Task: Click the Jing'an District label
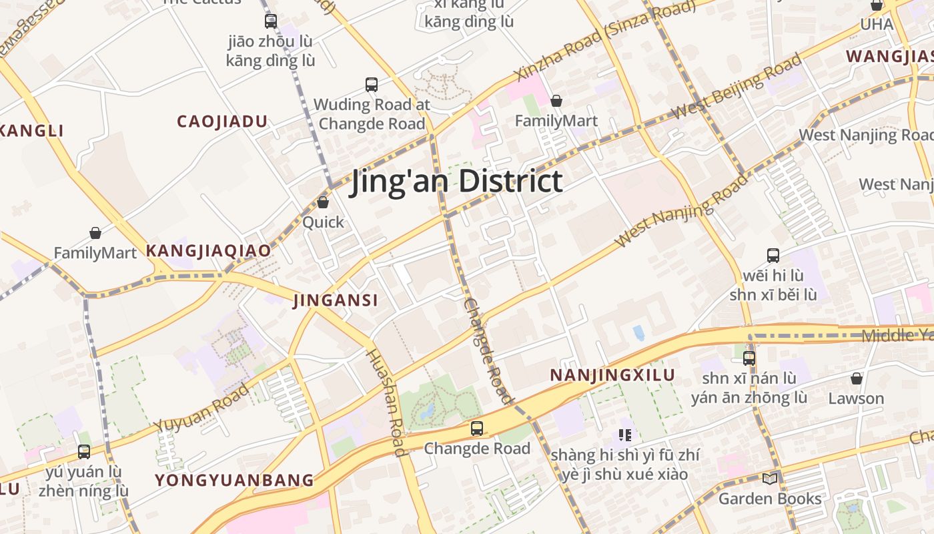click(x=457, y=182)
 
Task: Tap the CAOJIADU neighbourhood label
click(x=222, y=121)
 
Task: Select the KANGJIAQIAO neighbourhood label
click(x=209, y=251)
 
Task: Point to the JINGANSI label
click(x=336, y=300)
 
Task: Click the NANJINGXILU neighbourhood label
click(x=612, y=375)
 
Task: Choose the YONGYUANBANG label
click(x=234, y=480)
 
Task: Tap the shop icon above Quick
click(x=323, y=202)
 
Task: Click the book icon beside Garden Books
click(x=770, y=479)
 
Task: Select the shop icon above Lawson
click(x=857, y=378)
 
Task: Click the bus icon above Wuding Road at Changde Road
click(x=372, y=85)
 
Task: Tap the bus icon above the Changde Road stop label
click(x=476, y=429)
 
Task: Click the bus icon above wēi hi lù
click(x=773, y=255)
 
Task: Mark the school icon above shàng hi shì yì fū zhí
click(x=625, y=435)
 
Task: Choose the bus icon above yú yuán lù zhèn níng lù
click(x=84, y=452)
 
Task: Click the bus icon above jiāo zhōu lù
click(x=270, y=21)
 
